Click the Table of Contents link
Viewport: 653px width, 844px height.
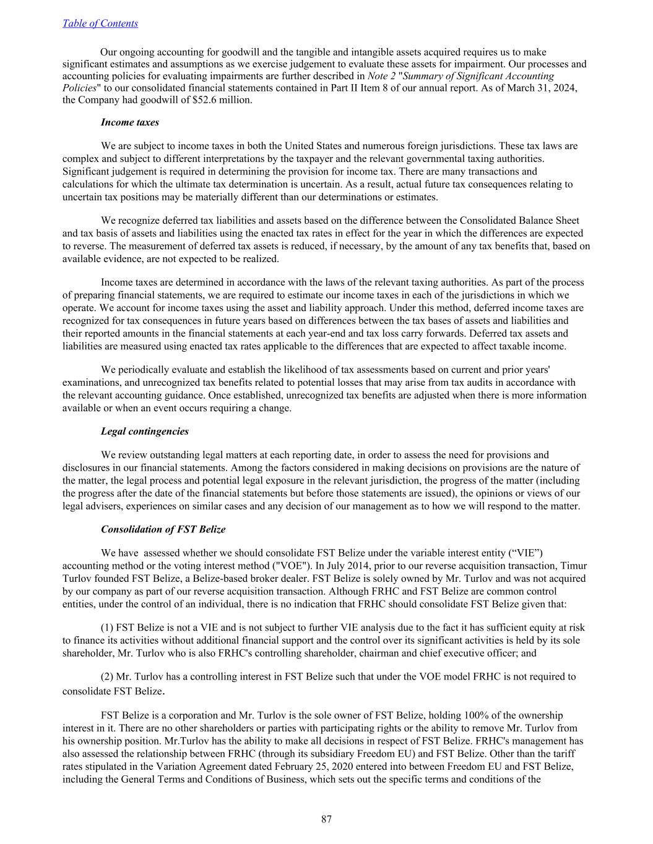(x=100, y=23)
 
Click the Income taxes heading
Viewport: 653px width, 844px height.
(x=129, y=122)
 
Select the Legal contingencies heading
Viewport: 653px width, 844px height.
(x=144, y=431)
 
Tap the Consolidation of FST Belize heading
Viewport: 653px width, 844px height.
(x=163, y=529)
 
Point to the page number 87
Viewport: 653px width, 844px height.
(x=326, y=819)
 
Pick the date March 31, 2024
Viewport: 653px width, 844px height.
(x=541, y=88)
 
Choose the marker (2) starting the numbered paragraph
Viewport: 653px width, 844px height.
(x=106, y=676)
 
